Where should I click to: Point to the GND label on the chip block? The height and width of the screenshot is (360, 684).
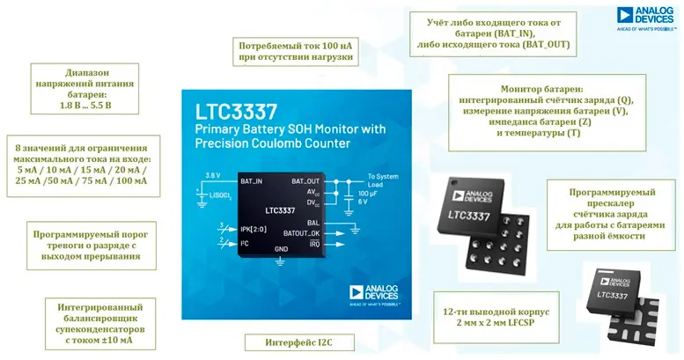281,249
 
